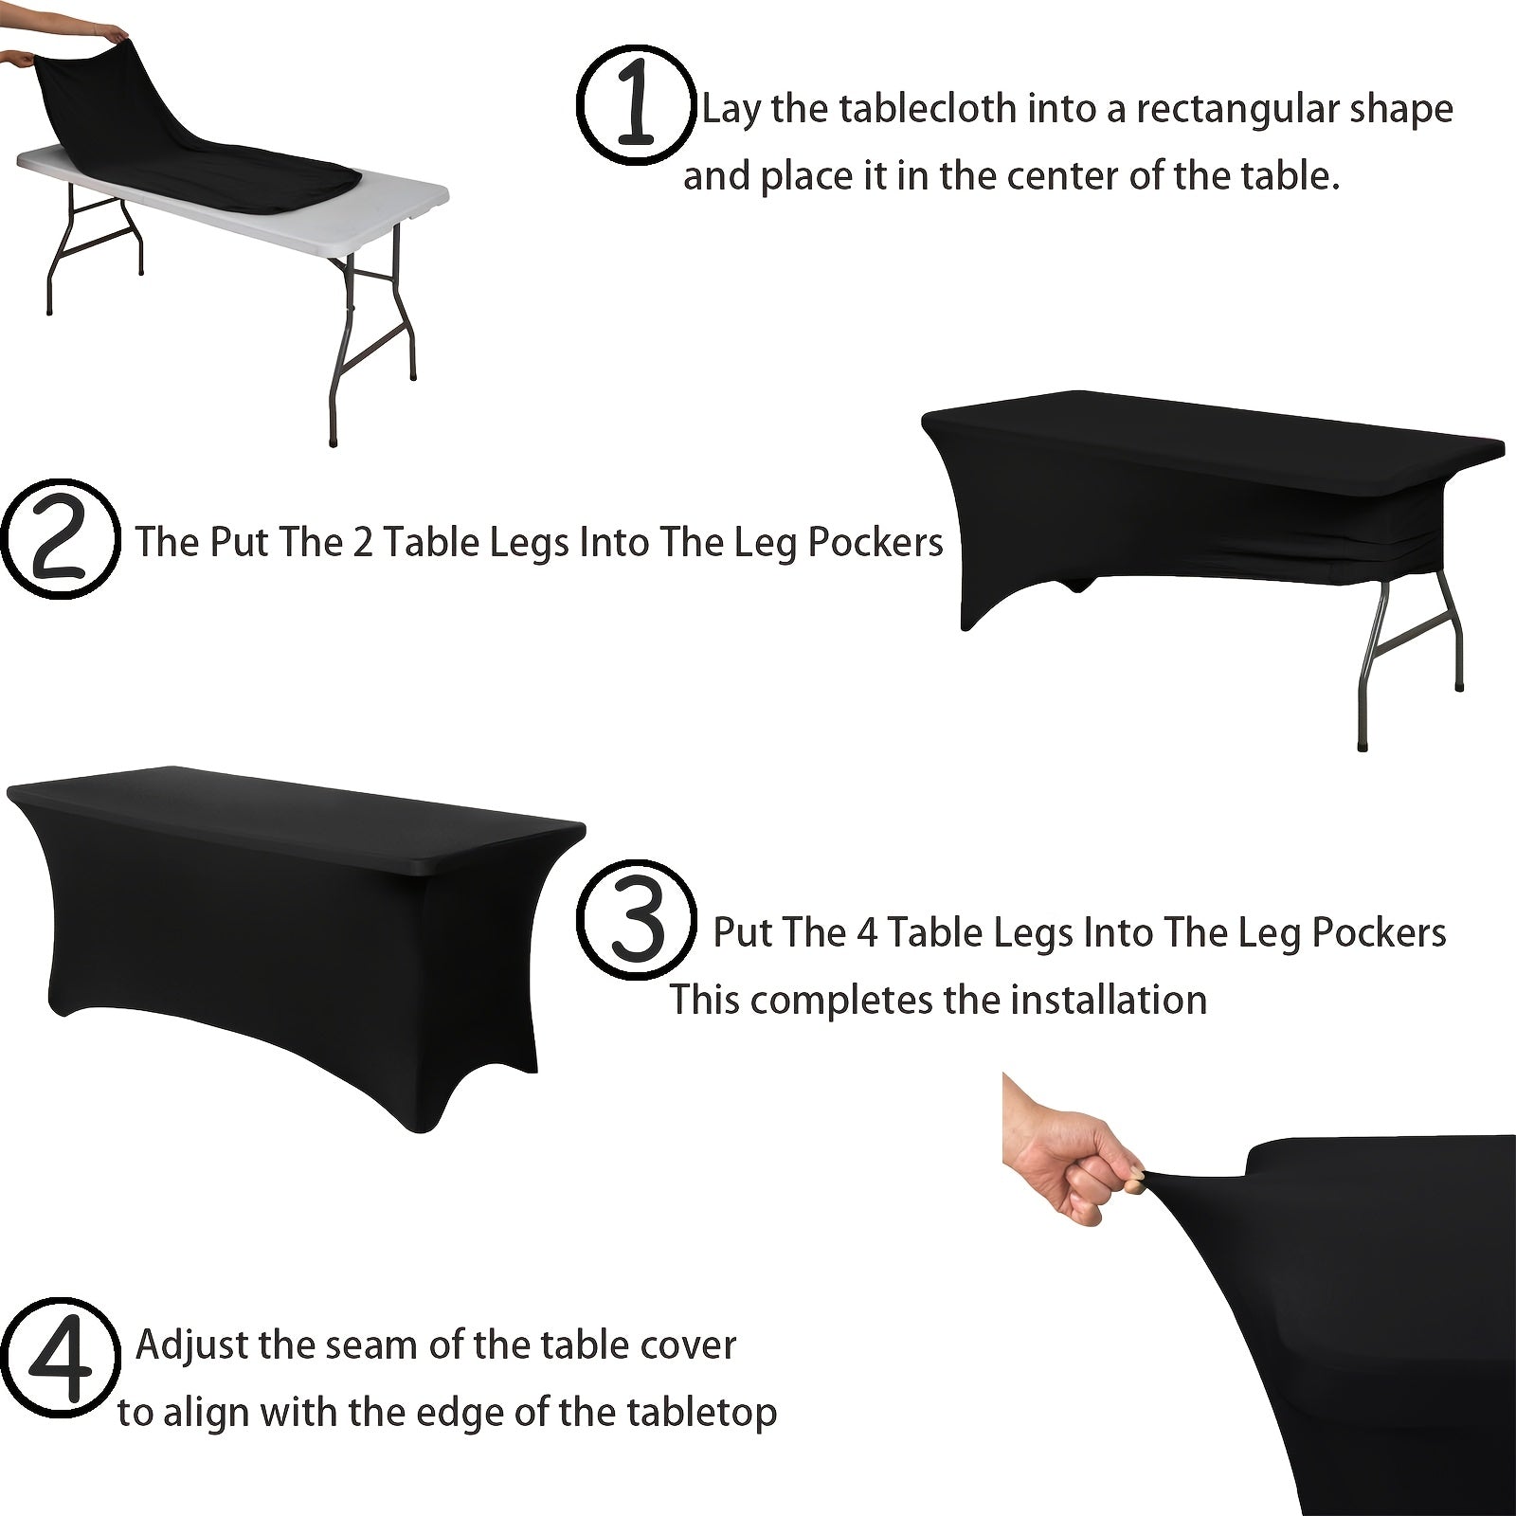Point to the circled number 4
(60, 1359)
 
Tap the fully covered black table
(284, 938)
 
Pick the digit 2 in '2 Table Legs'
(363, 542)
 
